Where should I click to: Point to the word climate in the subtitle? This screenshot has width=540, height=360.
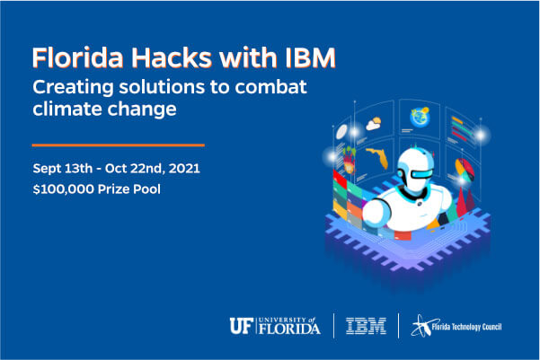[x=68, y=111]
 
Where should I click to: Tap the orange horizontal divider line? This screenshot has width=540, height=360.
[x=118, y=144]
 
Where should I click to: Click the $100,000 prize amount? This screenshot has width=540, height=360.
[x=62, y=189]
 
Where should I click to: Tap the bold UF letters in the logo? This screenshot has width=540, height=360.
[x=241, y=324]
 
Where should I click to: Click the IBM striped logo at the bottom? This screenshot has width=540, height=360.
[x=366, y=325]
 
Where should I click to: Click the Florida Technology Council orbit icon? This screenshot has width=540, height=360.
[x=421, y=325]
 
